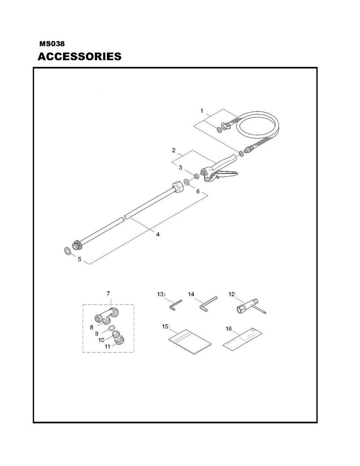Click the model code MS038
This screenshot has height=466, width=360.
point(52,44)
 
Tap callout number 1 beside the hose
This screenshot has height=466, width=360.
point(202,111)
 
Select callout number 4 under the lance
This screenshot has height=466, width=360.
point(158,234)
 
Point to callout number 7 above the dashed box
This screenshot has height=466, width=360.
point(108,293)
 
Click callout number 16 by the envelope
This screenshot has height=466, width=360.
point(228,329)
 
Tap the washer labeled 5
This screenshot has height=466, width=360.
point(68,250)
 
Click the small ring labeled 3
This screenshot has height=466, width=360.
point(196,176)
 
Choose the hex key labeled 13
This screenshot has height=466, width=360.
point(176,305)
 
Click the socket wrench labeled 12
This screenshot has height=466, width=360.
point(251,308)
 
